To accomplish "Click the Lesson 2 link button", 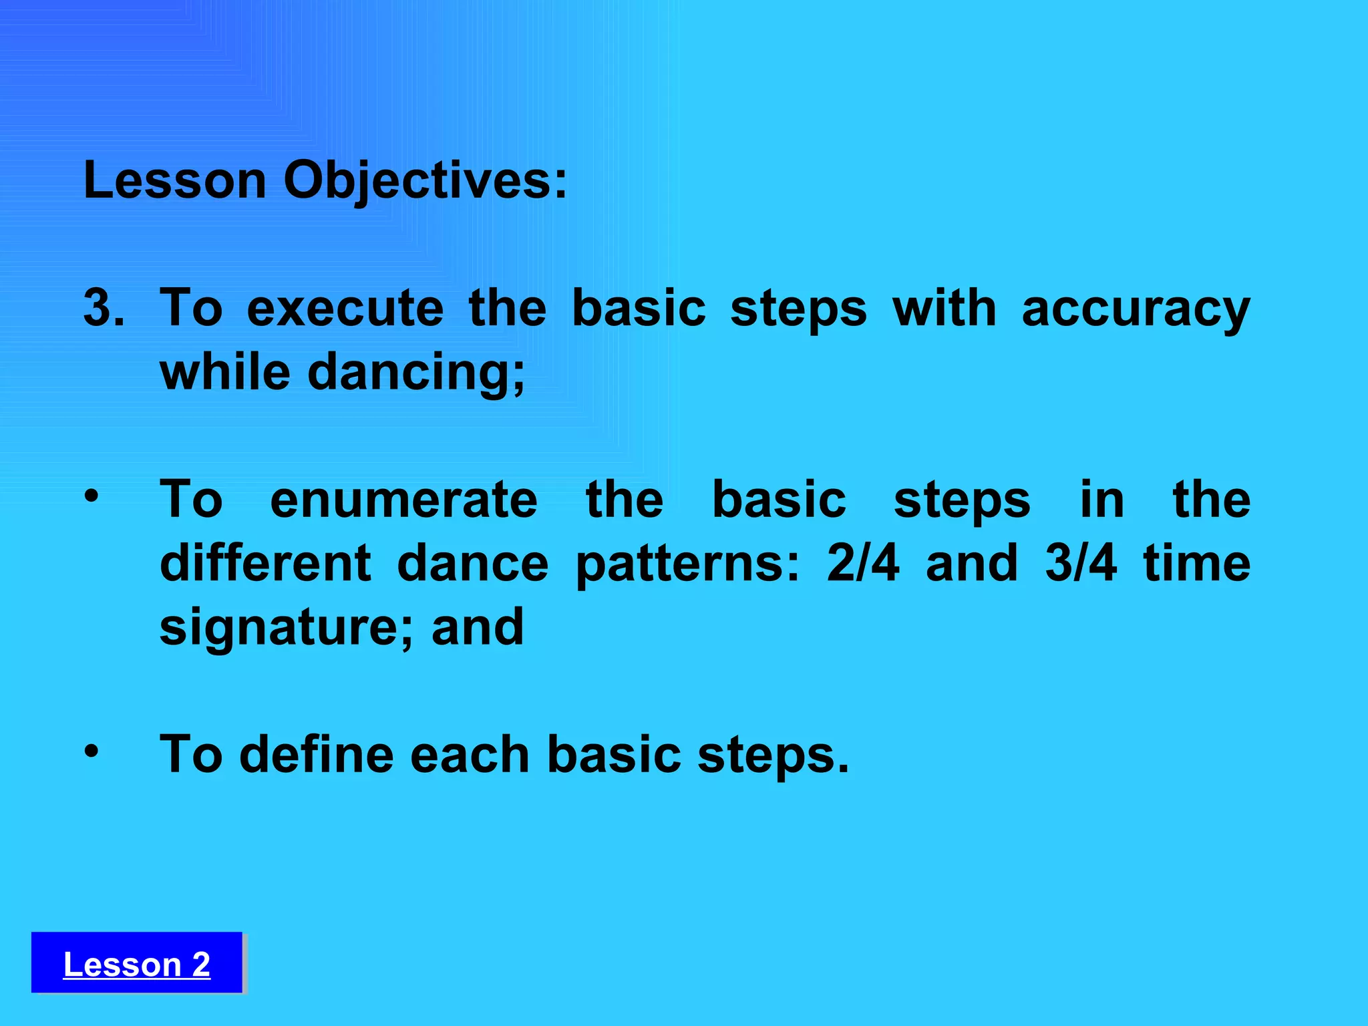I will pyautogui.click(x=136, y=964).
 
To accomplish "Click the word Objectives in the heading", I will pyautogui.click(x=425, y=182).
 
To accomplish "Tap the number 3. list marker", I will pyautogui.click(x=104, y=309).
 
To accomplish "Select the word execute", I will pyautogui.click(x=345, y=309).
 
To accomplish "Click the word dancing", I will pyautogui.click(x=415, y=373).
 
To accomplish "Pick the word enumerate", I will pyautogui.click(x=403, y=500).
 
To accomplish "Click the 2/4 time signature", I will pyautogui.click(x=862, y=563).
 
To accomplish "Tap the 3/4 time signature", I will pyautogui.click(x=1080, y=563).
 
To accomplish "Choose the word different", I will pyautogui.click(x=265, y=563).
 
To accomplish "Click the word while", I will pyautogui.click(x=225, y=371).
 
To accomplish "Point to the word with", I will pyautogui.click(x=945, y=309).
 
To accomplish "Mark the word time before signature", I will pyautogui.click(x=1196, y=563).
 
